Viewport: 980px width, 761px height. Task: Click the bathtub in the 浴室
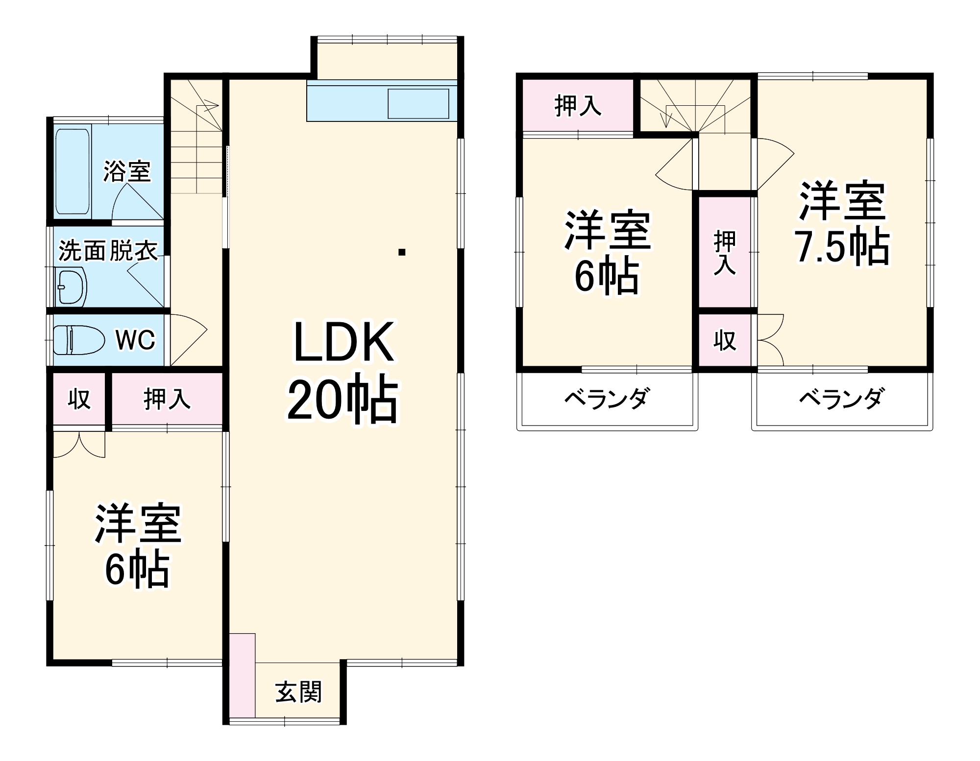click(73, 171)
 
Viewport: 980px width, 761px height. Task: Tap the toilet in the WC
click(78, 339)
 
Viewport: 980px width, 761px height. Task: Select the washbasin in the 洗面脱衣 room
click(72, 287)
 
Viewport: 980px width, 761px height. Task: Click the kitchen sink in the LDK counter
click(418, 103)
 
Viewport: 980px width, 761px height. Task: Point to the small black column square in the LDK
click(402, 253)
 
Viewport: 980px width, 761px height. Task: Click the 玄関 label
click(298, 692)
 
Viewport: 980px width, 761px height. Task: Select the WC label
click(135, 340)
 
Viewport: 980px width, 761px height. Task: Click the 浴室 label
click(126, 171)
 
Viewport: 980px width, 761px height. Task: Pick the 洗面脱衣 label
click(108, 252)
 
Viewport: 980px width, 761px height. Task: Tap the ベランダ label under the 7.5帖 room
click(841, 399)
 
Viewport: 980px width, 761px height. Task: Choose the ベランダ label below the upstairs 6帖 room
click(607, 399)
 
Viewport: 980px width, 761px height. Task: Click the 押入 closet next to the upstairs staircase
click(578, 105)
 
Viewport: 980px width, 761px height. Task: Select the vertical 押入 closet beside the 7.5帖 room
click(725, 252)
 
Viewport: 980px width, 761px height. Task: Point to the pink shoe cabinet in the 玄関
click(242, 675)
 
